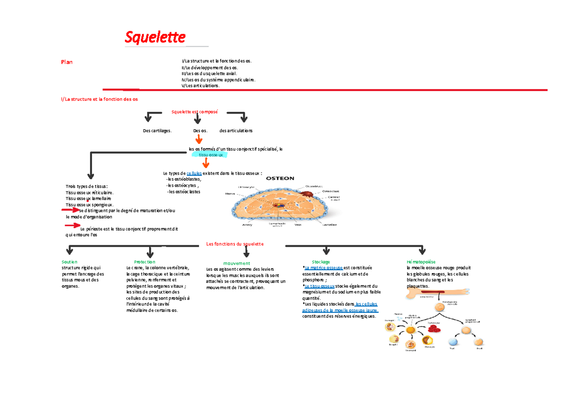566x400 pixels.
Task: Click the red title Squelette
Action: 155,37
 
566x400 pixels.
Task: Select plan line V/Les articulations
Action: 200,85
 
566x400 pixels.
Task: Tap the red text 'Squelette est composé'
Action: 194,112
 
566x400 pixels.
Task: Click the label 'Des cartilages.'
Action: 157,130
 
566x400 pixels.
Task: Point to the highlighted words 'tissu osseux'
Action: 210,155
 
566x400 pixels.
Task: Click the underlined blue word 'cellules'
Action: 194,174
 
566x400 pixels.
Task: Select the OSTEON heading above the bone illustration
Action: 280,178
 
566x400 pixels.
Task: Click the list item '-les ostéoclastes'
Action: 183,192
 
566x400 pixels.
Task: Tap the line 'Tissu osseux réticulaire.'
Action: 90,192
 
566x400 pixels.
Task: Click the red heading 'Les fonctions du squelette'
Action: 235,244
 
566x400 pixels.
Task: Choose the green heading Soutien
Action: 69,261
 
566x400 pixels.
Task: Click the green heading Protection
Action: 144,262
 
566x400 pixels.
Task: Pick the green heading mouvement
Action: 237,263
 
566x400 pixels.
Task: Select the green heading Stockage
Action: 321,262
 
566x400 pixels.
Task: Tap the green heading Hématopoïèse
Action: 421,262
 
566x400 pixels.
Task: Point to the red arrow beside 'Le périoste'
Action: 73,226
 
